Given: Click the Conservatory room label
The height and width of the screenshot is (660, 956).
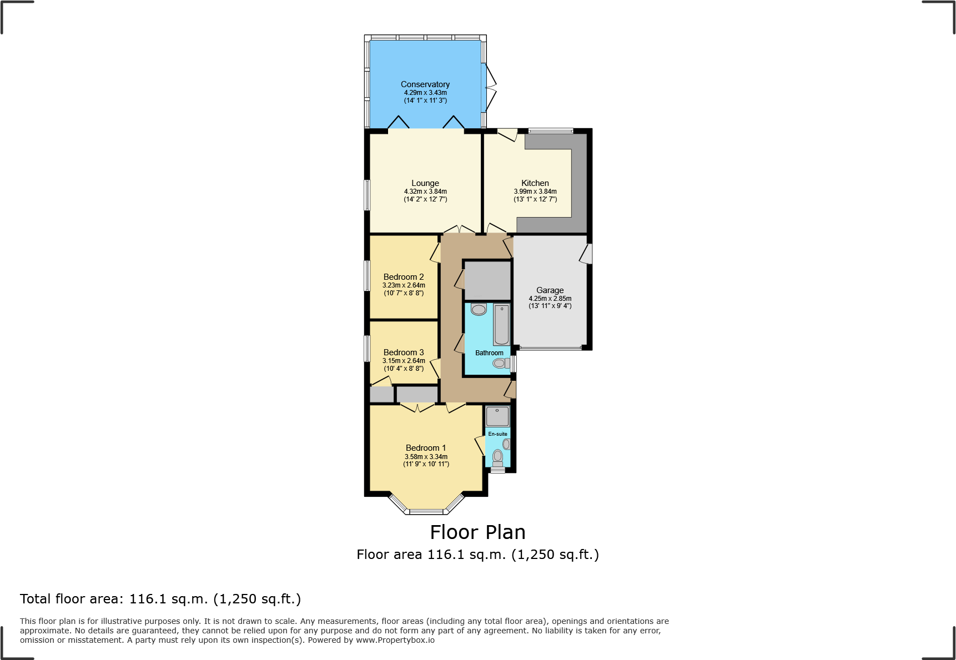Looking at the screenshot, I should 425,84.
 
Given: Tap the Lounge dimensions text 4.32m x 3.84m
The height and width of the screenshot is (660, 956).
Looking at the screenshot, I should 425,192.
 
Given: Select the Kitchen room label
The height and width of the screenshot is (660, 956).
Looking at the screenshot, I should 535,183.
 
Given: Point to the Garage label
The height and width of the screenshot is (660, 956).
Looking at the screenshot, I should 550,290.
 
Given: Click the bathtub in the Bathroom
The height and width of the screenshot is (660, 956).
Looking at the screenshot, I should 501,325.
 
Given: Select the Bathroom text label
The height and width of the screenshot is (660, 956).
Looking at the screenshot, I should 489,353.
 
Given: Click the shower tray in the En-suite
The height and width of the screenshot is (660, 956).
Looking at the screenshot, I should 497,416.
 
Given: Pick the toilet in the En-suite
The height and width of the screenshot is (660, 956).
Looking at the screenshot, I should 497,457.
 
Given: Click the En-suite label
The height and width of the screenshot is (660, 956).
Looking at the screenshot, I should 497,434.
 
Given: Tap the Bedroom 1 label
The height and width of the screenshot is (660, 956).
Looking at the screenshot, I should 425,448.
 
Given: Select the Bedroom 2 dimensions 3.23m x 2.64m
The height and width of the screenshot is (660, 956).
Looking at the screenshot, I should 404,285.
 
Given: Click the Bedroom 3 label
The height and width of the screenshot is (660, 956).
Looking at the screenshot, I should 403,352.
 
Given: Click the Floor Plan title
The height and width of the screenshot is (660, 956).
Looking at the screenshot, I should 477,532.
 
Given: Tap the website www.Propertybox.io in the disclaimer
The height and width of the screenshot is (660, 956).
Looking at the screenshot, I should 395,640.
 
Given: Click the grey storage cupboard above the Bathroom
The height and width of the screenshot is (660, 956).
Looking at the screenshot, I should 487,281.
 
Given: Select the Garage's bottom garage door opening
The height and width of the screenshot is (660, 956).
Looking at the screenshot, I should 550,348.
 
